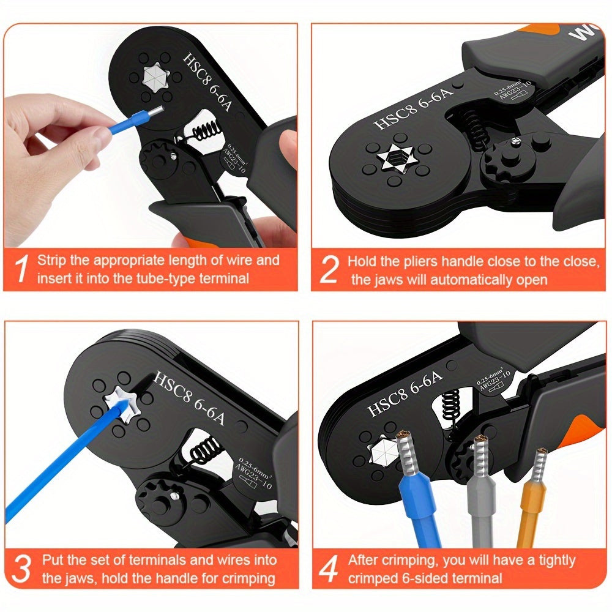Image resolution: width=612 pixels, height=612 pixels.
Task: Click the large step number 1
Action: [x=22, y=269]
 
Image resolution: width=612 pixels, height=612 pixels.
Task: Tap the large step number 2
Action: [x=329, y=269]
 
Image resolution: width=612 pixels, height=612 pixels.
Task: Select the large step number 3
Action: [x=22, y=569]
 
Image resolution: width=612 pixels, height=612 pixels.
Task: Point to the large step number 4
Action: [x=329, y=569]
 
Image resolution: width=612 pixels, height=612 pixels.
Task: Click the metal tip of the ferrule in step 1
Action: [x=155, y=111]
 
